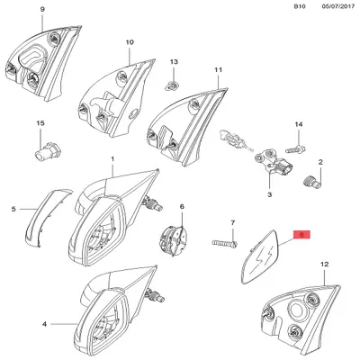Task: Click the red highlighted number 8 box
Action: click(x=301, y=235)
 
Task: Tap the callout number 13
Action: click(x=174, y=62)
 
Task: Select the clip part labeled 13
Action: click(x=172, y=86)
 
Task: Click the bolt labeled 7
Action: click(x=225, y=243)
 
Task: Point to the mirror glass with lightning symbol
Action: click(x=261, y=256)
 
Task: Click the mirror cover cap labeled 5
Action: click(x=47, y=218)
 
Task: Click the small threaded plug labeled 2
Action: click(x=311, y=181)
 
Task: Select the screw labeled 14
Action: click(x=295, y=148)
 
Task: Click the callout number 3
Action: click(x=269, y=194)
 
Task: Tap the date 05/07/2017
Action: click(x=337, y=6)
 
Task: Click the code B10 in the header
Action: click(x=300, y=6)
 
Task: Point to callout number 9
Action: click(x=42, y=9)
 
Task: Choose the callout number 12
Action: click(x=325, y=265)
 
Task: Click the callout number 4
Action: click(x=44, y=324)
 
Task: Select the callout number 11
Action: click(x=219, y=70)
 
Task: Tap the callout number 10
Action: click(x=130, y=42)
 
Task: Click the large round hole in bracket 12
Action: click(x=297, y=310)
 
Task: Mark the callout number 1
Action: click(x=112, y=158)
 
